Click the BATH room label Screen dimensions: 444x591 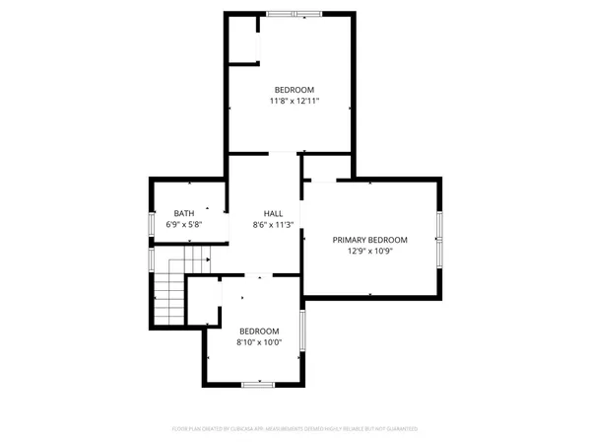point(184,213)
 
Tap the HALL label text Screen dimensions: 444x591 point(273,213)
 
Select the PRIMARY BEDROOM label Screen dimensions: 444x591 point(369,240)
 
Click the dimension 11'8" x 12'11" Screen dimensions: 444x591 point(294,101)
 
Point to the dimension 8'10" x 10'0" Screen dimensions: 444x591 point(259,342)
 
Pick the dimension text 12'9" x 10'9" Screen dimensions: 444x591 point(369,252)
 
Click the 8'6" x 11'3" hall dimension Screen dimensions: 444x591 point(273,225)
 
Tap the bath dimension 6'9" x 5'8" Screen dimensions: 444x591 point(184,225)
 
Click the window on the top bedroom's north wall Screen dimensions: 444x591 point(294,14)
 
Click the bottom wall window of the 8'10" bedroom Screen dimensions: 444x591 point(257,383)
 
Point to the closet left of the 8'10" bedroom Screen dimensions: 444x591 point(204,301)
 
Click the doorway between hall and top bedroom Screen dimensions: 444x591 point(283,153)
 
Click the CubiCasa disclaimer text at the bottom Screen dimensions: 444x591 point(295,429)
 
